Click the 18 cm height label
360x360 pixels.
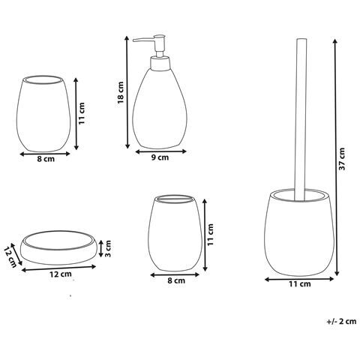coord(121,92)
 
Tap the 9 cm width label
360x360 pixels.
coord(160,157)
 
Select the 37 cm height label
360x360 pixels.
coord(342,159)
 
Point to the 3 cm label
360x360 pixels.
coord(108,248)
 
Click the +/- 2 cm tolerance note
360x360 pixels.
coord(341,321)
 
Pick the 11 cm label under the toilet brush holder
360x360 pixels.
coord(300,284)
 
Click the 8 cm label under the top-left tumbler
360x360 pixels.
coord(46,159)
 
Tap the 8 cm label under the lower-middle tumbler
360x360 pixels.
coord(176,280)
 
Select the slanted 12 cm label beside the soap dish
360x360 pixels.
coord(10,256)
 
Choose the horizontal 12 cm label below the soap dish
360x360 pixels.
coord(61,274)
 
